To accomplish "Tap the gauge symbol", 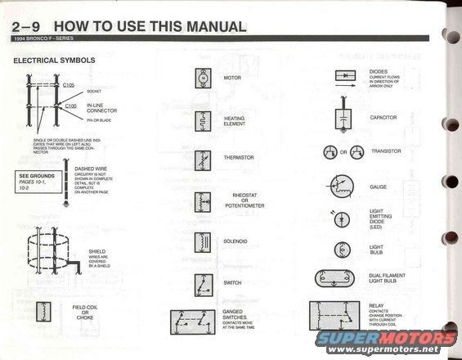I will (345, 186).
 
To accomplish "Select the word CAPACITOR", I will (384, 117).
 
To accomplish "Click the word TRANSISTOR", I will (385, 151).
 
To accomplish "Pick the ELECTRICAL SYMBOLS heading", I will (54, 61).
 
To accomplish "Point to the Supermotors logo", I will (385, 340).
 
